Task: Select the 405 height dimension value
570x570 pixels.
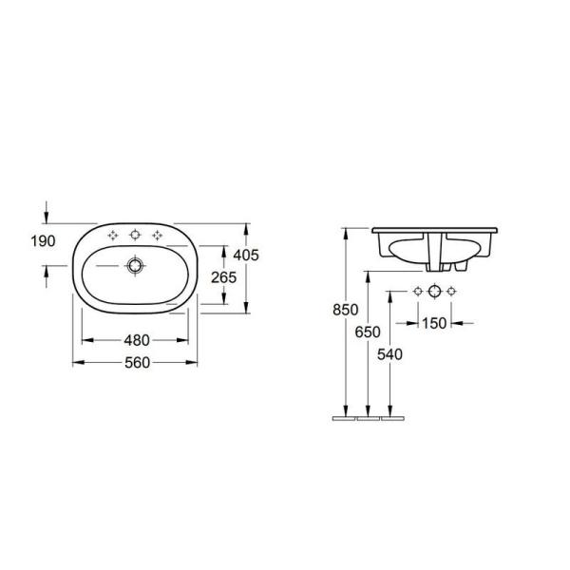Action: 247,255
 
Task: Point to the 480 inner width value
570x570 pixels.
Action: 136,340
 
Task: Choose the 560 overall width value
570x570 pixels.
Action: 136,362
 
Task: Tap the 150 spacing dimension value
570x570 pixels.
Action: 434,323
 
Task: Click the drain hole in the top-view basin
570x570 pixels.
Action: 136,266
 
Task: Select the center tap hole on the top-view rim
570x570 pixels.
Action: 136,234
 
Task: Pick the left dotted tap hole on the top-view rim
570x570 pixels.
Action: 113,234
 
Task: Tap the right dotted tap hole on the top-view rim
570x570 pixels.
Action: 158,234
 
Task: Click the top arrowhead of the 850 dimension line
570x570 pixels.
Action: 348,232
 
